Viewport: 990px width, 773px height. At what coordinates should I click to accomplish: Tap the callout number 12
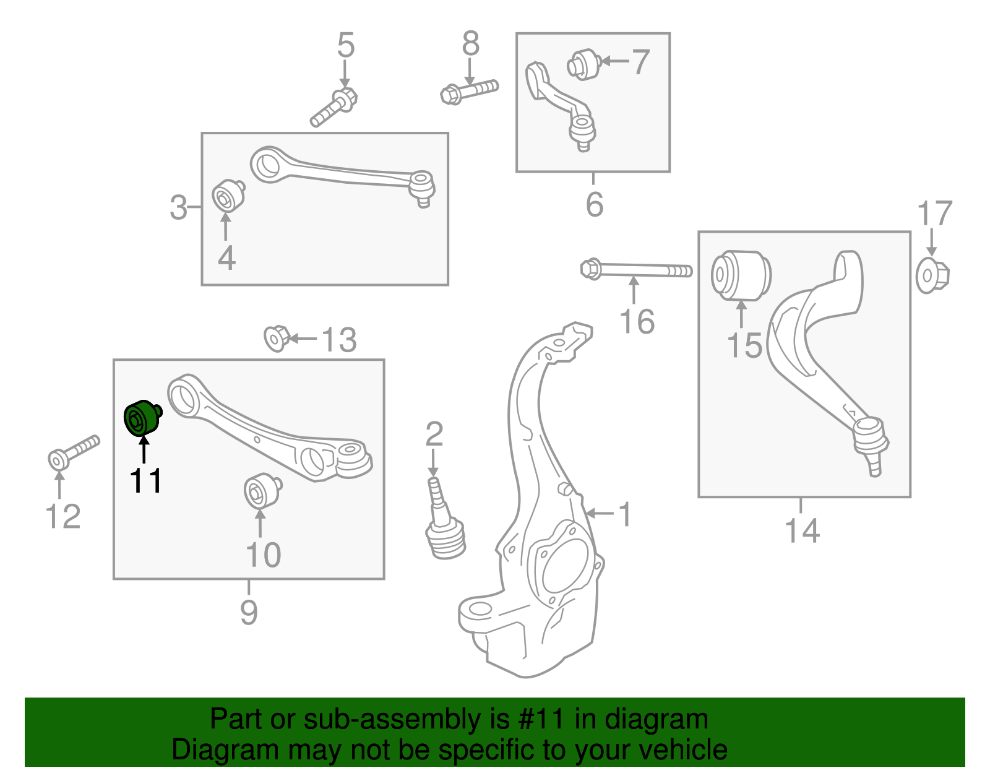coord(63,516)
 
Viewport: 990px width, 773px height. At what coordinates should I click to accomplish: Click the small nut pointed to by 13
coord(275,338)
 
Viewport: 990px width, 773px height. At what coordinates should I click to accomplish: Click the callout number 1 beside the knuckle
coord(626,514)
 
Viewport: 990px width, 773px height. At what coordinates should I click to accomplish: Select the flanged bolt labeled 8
coord(468,91)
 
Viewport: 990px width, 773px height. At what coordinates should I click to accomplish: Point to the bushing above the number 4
coord(227,197)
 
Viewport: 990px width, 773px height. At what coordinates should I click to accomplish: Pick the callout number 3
coord(178,207)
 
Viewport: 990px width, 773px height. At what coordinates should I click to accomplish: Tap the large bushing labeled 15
coord(740,275)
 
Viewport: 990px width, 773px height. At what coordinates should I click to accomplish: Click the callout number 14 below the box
coord(802,530)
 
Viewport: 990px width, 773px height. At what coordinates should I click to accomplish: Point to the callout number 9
coord(249,611)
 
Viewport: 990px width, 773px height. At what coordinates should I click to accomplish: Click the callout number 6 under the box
coord(594,204)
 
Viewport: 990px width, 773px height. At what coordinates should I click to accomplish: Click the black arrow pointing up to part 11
coord(144,449)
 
